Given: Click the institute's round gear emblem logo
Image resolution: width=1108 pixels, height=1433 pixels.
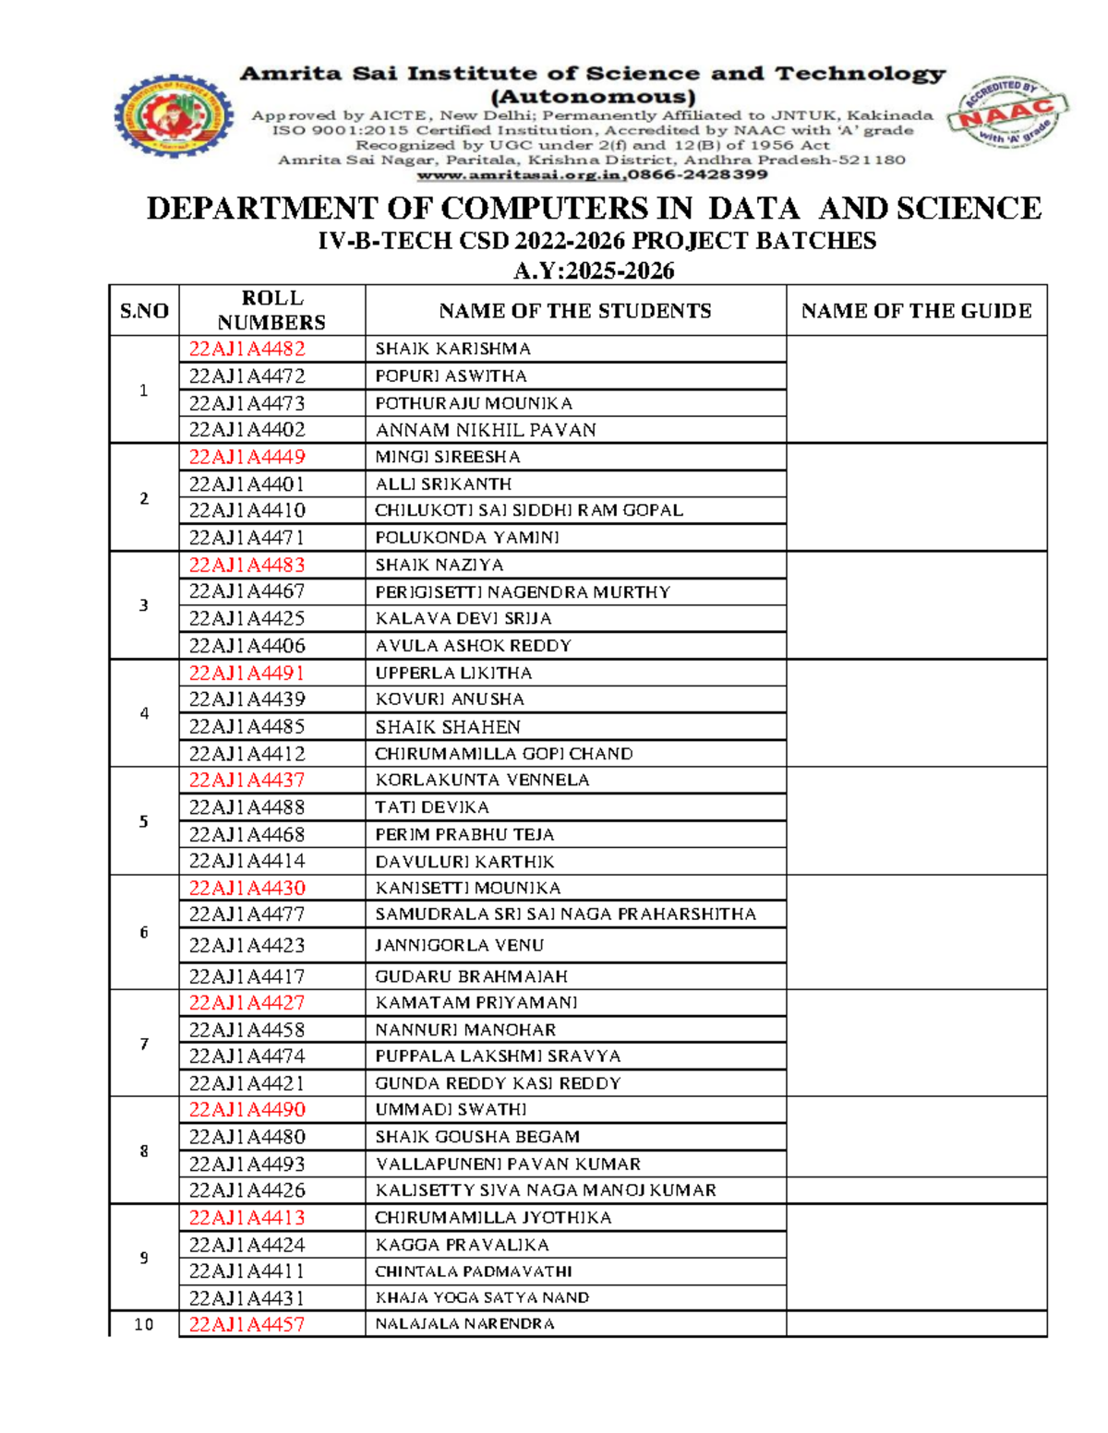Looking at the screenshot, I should pos(174,116).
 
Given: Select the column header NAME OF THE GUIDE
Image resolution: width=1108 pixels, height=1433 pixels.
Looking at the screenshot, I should pos(916,311).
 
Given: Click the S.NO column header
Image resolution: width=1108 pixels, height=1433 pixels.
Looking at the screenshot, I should pos(144,311).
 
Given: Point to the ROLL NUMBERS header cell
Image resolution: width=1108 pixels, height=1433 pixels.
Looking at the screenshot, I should pos(271,310).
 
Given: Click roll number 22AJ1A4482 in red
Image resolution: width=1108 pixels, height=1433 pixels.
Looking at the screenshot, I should pos(247,349).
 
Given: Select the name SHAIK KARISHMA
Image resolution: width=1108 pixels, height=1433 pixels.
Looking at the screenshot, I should pos(452,349).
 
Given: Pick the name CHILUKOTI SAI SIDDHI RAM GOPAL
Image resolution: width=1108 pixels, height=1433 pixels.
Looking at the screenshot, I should pos(528,510).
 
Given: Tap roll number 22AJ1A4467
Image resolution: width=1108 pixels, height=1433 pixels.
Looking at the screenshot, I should pos(247,591).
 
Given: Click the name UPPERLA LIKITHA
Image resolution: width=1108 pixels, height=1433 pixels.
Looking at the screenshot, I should pos(453,673).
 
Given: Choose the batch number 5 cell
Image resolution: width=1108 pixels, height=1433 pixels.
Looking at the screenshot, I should pos(144,821).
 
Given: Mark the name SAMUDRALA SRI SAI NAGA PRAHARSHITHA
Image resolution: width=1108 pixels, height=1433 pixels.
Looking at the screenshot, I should pos(565,914).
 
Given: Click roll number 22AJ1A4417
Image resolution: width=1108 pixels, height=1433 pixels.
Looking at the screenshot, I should pos(247,976).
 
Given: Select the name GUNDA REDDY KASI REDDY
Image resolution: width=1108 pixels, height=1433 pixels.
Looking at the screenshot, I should pos(498,1083).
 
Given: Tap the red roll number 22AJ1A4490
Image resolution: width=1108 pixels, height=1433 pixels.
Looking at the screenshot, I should pos(247,1110).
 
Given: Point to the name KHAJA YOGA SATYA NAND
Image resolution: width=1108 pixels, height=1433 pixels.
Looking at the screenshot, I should pos(482,1298).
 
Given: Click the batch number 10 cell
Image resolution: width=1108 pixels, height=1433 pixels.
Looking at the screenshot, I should pos(144,1325).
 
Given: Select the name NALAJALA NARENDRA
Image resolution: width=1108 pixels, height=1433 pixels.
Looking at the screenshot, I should pos(464,1324).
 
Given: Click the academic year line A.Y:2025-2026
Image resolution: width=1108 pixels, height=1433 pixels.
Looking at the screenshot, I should pos(594,270).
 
